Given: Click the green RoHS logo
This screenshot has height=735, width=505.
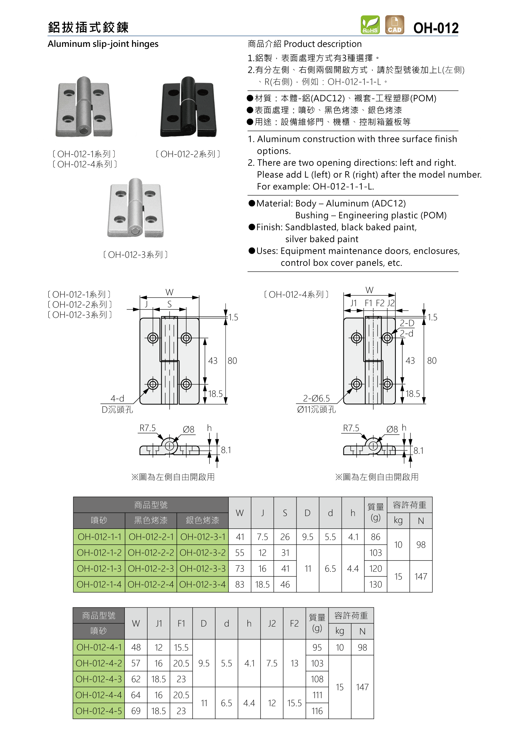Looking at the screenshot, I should tap(370, 25).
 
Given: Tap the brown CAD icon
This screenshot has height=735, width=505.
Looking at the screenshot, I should tap(394, 25).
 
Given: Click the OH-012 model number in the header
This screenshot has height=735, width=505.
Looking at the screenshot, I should tap(436, 28).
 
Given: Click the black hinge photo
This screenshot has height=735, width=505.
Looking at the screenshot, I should tap(189, 107).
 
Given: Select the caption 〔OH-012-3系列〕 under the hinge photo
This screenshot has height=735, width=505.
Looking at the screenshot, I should tap(135, 255).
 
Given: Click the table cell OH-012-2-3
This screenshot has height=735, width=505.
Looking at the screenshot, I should tap(151, 569).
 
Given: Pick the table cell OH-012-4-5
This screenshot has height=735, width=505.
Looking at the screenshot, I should tap(99, 711).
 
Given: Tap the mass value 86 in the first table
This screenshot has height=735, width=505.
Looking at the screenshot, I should tap(376, 537).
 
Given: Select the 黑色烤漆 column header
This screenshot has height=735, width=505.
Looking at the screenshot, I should tap(151, 520).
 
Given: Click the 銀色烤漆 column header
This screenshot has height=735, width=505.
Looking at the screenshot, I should tap(202, 520).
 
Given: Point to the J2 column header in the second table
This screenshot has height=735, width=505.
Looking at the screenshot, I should tap(272, 623).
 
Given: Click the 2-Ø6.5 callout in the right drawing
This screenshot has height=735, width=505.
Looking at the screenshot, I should tap(316, 398).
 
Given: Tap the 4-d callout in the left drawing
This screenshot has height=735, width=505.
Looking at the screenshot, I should tap(117, 398).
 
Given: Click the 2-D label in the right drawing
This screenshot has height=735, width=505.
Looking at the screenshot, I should tap(407, 323).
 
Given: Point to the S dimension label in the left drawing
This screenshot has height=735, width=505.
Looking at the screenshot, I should tap(170, 304).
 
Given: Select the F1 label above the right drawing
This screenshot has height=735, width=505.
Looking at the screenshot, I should tap(368, 303).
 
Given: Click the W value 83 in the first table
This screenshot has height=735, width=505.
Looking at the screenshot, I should tap(240, 584).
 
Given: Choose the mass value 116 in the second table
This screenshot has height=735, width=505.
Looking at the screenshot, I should tap(317, 711).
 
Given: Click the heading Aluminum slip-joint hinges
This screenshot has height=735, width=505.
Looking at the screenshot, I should tap(103, 44).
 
